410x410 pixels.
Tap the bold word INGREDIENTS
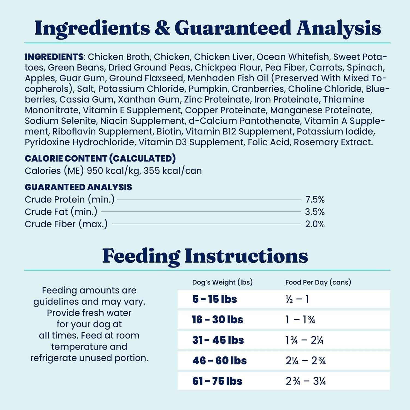pyautogui.click(x=54, y=57)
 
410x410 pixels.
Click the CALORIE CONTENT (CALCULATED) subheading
pyautogui.click(x=100, y=158)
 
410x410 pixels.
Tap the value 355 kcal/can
pyautogui.click(x=173, y=171)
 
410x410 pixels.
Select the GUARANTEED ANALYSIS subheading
pyautogui.click(x=78, y=187)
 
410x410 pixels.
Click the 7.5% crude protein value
pyautogui.click(x=315, y=200)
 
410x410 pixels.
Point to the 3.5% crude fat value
pyautogui.click(x=315, y=212)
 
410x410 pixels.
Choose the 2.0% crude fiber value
pyautogui.click(x=315, y=224)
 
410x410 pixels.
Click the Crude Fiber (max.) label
pyautogui.click(x=66, y=224)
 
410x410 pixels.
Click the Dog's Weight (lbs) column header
pyautogui.click(x=222, y=282)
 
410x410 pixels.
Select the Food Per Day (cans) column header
pyautogui.click(x=318, y=282)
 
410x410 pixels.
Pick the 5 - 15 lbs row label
pyautogui.click(x=215, y=299)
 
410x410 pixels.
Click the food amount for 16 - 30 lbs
pyautogui.click(x=300, y=320)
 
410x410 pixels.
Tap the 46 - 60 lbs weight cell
pyautogui.click(x=219, y=361)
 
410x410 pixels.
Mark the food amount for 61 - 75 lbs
pyautogui.click(x=306, y=381)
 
